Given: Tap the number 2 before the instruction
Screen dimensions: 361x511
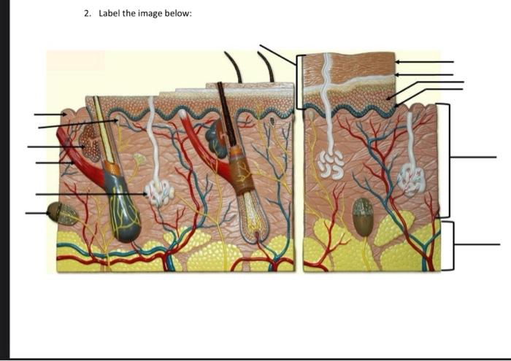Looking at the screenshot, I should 87,13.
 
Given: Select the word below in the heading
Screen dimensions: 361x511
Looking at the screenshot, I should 177,13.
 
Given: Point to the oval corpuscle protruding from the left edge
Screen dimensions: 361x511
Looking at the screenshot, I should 61,213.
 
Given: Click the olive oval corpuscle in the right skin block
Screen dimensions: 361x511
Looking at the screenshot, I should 362,217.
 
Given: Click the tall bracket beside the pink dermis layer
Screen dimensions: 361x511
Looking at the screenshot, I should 447,160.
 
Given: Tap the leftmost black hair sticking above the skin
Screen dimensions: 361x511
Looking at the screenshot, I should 234,66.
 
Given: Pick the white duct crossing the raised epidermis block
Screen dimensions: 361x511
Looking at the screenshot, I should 325,80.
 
